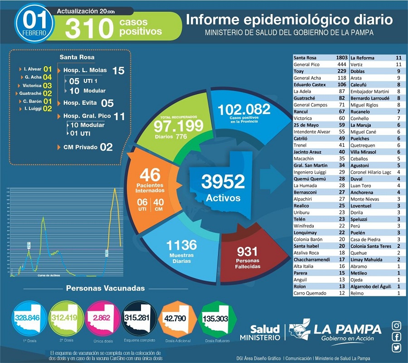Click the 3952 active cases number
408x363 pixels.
coord(223,182)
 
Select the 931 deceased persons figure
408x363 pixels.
coord(248,252)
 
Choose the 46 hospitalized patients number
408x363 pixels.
coord(150,175)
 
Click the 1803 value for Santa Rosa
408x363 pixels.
coord(341,58)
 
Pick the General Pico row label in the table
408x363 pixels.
coord(306,65)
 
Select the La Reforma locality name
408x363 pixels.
coord(362,58)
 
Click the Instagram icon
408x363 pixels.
coord(396,325)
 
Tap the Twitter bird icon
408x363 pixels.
coord(396,348)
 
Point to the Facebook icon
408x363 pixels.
coord(396,337)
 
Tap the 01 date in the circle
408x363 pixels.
coord(34,19)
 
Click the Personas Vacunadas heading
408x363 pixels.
coord(105,288)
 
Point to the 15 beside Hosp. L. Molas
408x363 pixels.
coord(118,71)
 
